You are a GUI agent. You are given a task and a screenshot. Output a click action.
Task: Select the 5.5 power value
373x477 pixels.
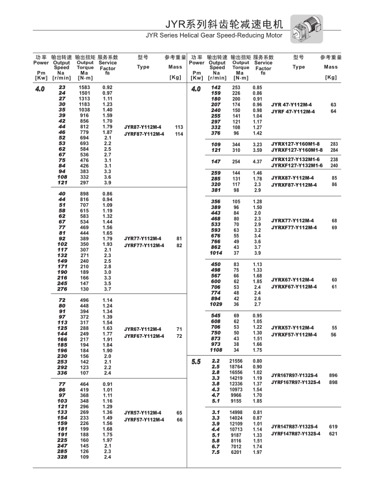coord(196,362)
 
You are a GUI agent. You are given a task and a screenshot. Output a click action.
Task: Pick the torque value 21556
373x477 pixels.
coord(236,361)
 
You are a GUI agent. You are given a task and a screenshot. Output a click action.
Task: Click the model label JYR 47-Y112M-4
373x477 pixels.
coord(293,105)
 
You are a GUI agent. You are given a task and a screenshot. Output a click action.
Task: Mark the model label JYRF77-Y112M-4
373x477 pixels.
coord(143,245)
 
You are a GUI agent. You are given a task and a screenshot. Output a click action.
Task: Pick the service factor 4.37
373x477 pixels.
coord(258,161)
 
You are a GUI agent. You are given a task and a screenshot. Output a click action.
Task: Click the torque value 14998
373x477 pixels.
coord(236,412)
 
